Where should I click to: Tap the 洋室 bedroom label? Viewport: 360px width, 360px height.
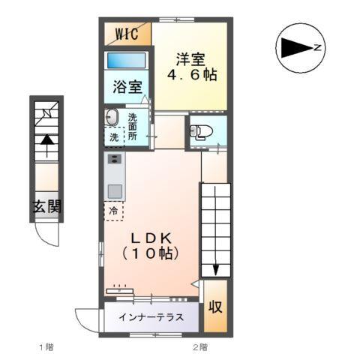[x=191, y=58]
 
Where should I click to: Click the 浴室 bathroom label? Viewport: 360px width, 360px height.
[x=127, y=87]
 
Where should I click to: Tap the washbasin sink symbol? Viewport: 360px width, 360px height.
[x=112, y=117]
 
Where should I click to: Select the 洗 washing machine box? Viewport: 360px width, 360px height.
[x=112, y=137]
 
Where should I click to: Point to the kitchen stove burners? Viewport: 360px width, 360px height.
[x=115, y=160]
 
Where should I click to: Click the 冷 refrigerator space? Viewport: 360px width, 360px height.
[x=114, y=211]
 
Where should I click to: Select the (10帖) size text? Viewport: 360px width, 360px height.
[x=151, y=254]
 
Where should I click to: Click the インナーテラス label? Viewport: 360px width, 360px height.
[x=151, y=316]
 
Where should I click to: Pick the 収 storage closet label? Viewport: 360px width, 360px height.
[x=214, y=307]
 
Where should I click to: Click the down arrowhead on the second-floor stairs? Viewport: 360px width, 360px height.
[x=215, y=270]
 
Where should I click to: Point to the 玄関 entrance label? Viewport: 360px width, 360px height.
[x=46, y=208]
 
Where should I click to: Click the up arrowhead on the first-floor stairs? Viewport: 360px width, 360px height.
[x=46, y=139]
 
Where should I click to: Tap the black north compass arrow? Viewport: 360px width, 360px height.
[x=295, y=49]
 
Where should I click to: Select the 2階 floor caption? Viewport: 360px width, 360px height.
[x=199, y=347]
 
